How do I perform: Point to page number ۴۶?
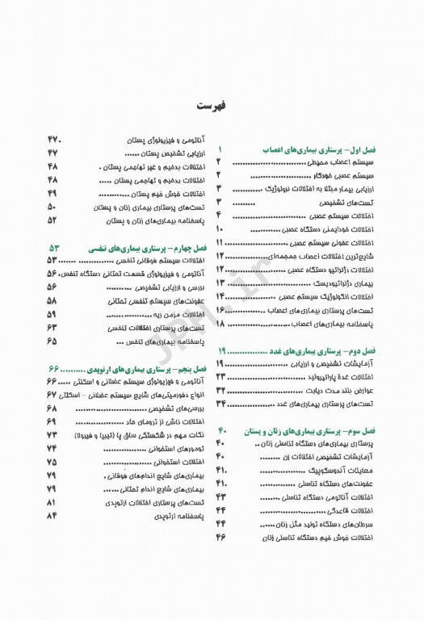click(x=220, y=537)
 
